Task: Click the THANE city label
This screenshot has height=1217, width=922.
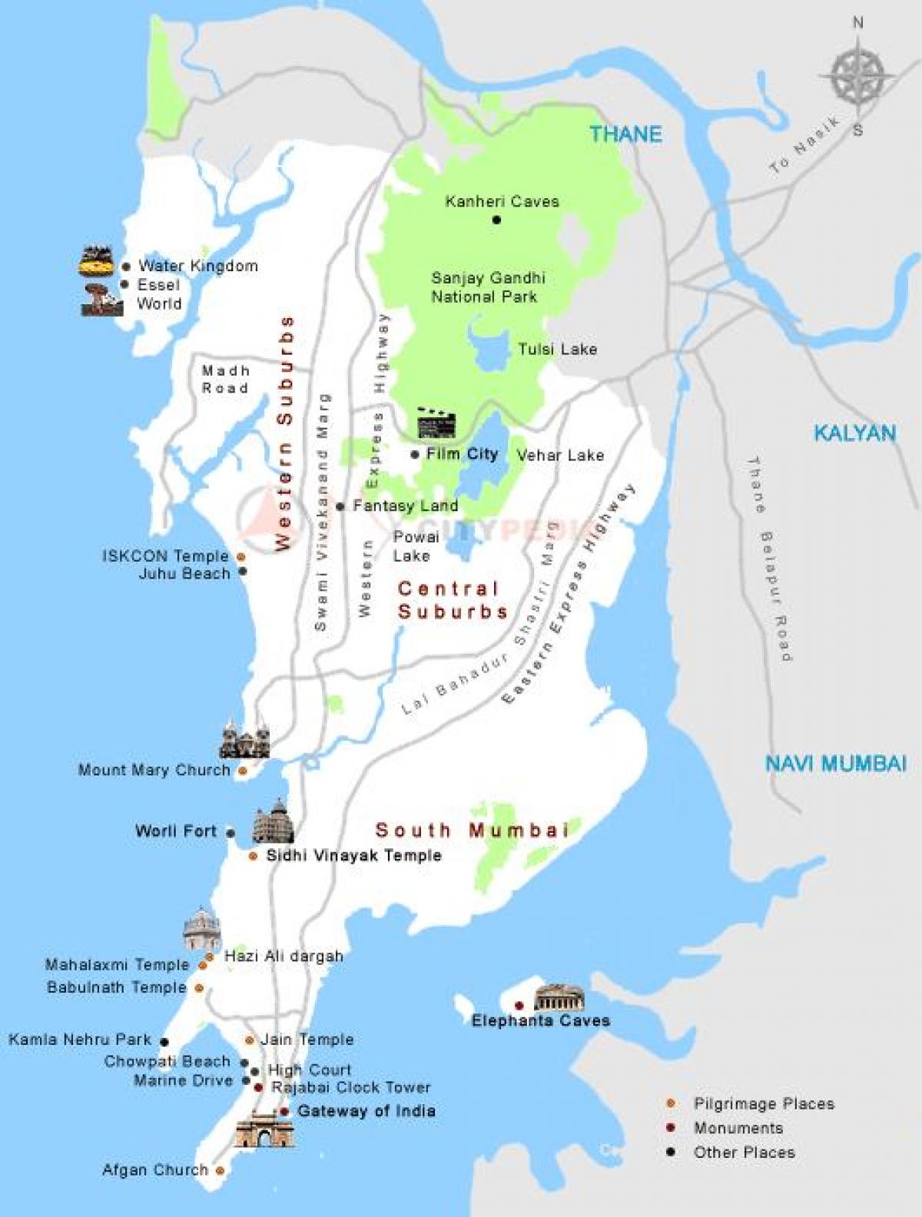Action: [x=625, y=134]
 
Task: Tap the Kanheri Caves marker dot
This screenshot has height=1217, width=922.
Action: [x=496, y=220]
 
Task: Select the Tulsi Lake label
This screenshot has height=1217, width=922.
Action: [x=557, y=350]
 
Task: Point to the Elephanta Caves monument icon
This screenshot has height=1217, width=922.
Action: [x=559, y=997]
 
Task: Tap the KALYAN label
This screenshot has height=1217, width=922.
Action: [x=854, y=433]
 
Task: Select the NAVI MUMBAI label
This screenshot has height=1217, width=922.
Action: [x=835, y=764]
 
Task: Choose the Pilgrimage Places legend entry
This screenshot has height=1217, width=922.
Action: [x=763, y=1104]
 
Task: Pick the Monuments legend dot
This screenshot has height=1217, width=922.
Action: [x=672, y=1128]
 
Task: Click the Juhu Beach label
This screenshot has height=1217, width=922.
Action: [x=184, y=574]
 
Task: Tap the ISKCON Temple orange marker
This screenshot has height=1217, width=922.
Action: [x=241, y=556]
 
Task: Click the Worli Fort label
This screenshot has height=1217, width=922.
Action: [x=176, y=831]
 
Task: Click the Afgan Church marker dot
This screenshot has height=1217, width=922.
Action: [x=221, y=1171]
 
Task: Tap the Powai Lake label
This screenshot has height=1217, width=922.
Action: [x=415, y=546]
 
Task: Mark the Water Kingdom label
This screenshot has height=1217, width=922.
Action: [x=197, y=267]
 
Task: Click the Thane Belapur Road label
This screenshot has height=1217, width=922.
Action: [x=769, y=559]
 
